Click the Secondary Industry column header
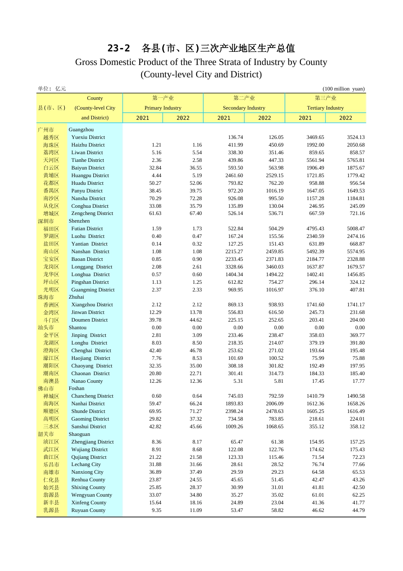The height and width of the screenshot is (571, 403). [x=244, y=108]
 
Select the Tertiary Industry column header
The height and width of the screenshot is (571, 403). [x=325, y=108]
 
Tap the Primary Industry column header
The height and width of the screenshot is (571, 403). [x=163, y=108]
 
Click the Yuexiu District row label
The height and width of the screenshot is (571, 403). [x=88, y=137]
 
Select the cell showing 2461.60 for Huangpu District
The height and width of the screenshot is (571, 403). [x=234, y=175]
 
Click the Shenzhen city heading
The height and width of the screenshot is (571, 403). [x=79, y=221]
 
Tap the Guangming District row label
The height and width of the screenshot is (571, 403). [x=93, y=290]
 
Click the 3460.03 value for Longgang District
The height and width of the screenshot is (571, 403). [x=274, y=267]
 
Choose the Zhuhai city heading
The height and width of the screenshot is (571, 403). [x=76, y=297]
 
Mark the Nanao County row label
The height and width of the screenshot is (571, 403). [x=87, y=381]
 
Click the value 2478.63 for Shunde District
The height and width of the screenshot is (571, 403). [x=274, y=411]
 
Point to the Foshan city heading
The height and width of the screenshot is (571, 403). [x=76, y=388]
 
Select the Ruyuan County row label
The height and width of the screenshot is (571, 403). [x=88, y=510]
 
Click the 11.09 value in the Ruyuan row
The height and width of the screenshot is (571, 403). [x=196, y=510]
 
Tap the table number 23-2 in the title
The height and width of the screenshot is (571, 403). [x=118, y=48]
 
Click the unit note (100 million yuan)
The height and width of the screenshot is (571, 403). [x=344, y=89]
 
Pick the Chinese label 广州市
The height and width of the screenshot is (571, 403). [x=46, y=130]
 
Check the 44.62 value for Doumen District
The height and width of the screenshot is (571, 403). [x=196, y=320]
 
